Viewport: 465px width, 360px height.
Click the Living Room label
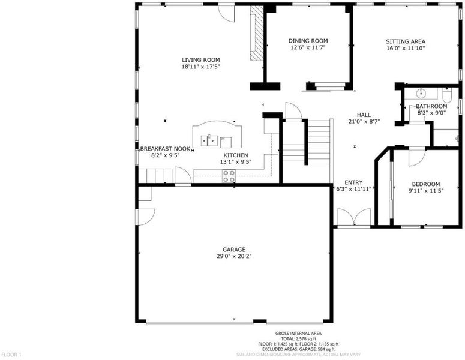(201, 60)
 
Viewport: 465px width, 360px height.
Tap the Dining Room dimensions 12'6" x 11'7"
(308, 47)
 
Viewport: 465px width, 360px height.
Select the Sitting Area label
(406, 41)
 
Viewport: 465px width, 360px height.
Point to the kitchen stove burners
(229, 176)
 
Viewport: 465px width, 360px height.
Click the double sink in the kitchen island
(209, 140)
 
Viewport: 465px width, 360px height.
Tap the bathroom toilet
(446, 95)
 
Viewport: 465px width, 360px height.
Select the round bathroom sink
(421, 94)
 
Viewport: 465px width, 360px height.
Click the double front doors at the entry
(354, 217)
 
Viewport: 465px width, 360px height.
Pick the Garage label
(234, 250)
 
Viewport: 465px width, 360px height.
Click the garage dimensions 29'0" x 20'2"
(234, 256)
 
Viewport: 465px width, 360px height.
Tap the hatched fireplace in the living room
(257, 33)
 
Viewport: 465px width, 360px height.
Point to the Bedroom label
(426, 184)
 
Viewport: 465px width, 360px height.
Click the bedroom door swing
(417, 157)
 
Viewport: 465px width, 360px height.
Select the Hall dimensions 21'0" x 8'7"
(364, 121)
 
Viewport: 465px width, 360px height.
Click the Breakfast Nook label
(165, 149)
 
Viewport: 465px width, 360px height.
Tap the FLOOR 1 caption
(11, 355)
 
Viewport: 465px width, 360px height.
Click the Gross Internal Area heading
(298, 334)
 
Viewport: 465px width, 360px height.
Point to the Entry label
(353, 182)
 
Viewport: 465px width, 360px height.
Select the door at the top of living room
(227, 13)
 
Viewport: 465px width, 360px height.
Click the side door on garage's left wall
(145, 217)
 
